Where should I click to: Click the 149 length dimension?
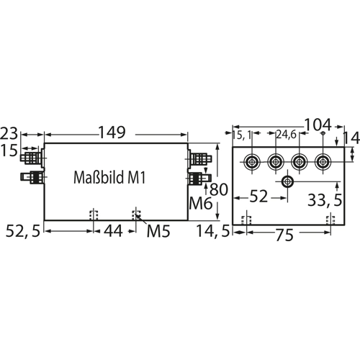[x=112, y=132]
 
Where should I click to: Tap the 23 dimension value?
[x=9, y=133]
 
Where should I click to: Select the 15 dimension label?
[x=9, y=150]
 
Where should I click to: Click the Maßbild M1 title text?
[x=109, y=177]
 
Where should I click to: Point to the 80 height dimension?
[x=218, y=189]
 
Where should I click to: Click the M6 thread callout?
[x=201, y=203]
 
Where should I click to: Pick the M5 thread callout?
[x=158, y=231]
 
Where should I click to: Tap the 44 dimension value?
[x=113, y=231]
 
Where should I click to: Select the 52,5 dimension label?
[x=23, y=231]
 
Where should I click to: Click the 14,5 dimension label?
[x=213, y=231]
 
